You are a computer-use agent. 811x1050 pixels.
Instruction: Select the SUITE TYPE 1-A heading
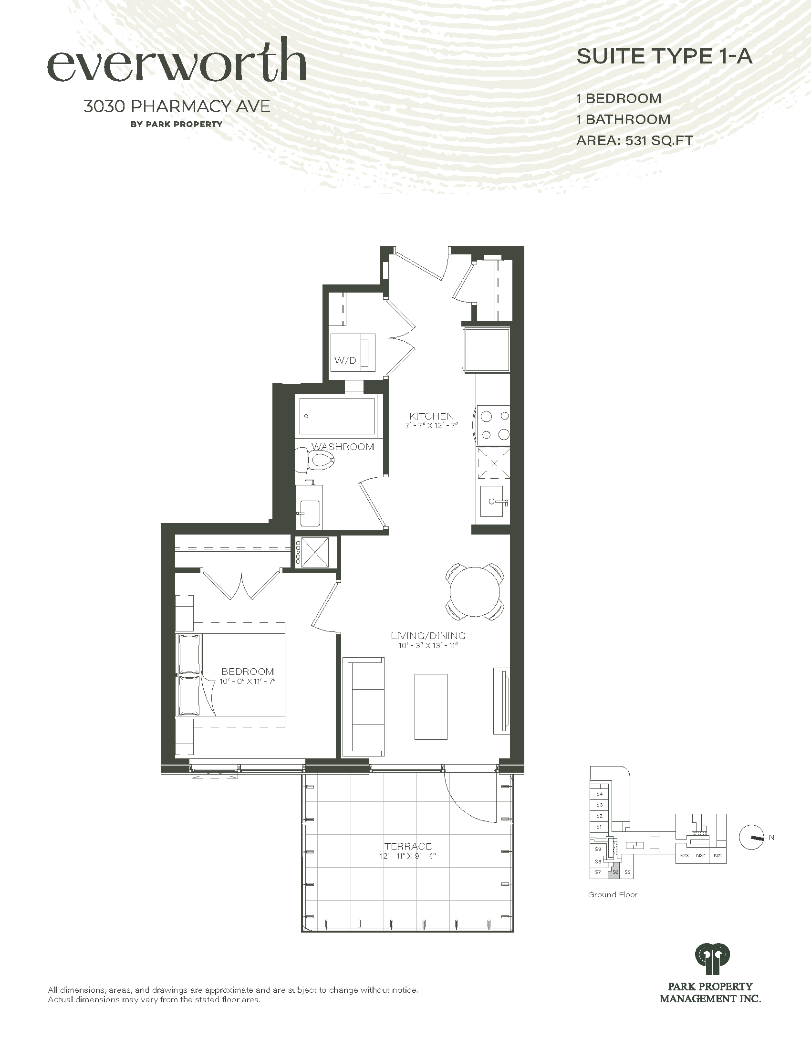[x=665, y=57]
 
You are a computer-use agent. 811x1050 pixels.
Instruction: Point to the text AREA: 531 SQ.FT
[x=634, y=140]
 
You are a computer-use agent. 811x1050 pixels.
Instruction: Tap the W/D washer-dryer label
[x=346, y=360]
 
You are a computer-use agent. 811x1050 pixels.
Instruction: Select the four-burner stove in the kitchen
[x=493, y=424]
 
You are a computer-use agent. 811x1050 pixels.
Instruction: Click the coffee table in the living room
[x=431, y=706]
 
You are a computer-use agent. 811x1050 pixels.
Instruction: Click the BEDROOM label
[x=248, y=672]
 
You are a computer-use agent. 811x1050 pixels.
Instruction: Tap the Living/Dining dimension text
[x=428, y=646]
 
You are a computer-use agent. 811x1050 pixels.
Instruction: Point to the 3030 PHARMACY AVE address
[x=177, y=106]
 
